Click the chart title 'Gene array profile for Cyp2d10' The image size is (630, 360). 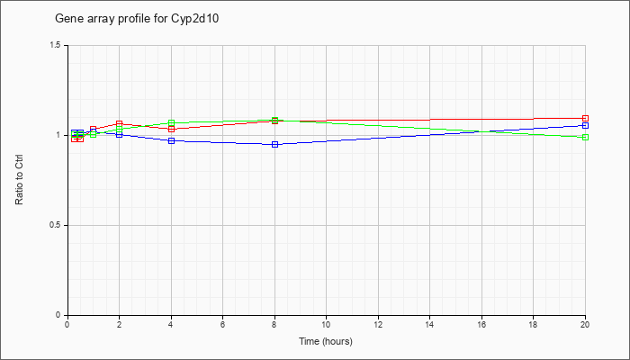137,19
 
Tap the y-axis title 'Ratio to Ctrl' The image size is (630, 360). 19,181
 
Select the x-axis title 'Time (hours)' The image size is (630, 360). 326,341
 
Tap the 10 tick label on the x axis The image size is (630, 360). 326,323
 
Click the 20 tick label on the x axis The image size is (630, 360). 585,323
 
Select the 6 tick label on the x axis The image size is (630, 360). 222,323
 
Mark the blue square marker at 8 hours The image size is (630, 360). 274,144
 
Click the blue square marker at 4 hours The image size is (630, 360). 171,140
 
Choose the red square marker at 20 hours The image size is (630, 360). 585,118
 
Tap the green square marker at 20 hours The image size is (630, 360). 585,137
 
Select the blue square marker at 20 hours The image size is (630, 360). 585,125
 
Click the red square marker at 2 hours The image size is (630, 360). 120,124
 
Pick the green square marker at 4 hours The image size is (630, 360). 171,123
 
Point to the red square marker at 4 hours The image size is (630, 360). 171,129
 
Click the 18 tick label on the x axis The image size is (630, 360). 533,323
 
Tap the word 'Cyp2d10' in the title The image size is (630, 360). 197,19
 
